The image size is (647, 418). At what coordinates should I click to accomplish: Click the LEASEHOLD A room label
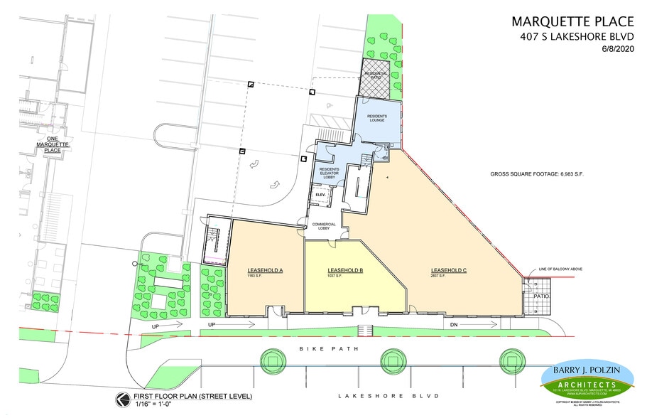pos(265,271)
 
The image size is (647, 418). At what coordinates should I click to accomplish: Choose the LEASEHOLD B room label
pos(345,271)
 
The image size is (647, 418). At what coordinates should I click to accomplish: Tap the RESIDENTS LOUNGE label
pos(376,117)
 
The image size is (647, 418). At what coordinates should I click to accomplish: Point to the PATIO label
pos(541,296)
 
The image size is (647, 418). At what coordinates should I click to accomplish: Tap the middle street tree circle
pos(394,360)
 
